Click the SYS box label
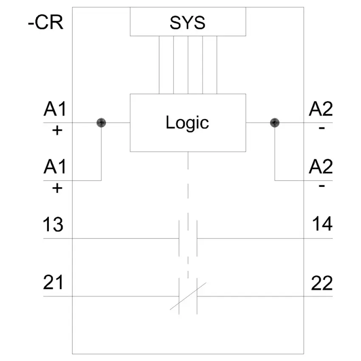tap(187, 23)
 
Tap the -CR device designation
tap(45, 23)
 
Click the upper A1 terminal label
tap(55, 109)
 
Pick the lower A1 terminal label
tap(55, 166)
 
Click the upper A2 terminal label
tap(321, 109)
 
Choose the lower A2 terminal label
tap(321, 166)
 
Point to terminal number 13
tap(53, 224)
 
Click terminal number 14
tap(322, 223)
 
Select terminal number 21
tap(53, 282)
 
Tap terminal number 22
tap(322, 283)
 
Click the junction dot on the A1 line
tap(102, 123)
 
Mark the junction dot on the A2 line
tap(275, 123)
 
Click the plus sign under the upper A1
tap(57, 131)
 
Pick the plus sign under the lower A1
tap(57, 189)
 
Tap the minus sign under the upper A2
tap(322, 128)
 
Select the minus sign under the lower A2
tap(322, 186)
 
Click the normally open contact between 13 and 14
tap(188, 238)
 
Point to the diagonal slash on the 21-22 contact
tap(188, 296)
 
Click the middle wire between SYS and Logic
tap(188, 65)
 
